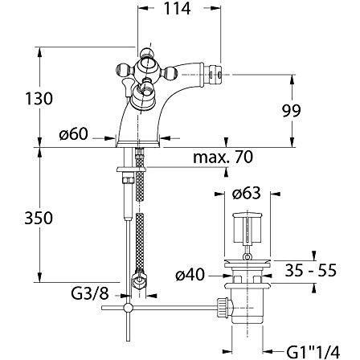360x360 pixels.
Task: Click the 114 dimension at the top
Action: click(x=178, y=9)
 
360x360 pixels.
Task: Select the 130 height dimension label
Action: click(x=39, y=98)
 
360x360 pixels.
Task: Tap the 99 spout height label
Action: click(x=292, y=110)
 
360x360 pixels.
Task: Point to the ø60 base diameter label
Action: click(x=74, y=133)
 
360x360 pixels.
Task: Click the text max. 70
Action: click(x=223, y=157)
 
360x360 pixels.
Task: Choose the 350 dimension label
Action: click(x=39, y=218)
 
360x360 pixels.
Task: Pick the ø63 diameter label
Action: click(x=247, y=193)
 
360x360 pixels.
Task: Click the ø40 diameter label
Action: click(x=190, y=275)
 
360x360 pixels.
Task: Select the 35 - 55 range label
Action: click(x=311, y=270)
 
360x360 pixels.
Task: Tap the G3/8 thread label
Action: click(x=90, y=293)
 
